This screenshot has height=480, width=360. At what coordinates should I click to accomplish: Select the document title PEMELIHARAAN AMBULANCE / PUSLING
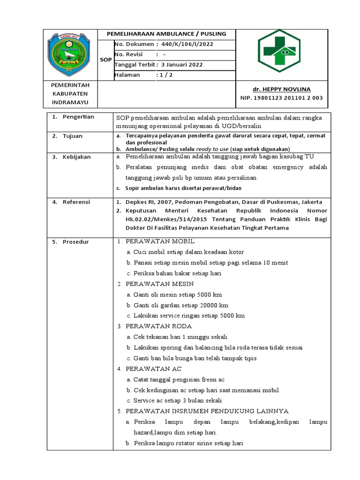point(166,34)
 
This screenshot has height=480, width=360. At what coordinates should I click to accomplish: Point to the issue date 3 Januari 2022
point(182,65)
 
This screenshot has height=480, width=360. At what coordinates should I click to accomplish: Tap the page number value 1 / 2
point(166,75)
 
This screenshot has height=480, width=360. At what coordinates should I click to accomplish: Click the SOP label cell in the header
point(106,60)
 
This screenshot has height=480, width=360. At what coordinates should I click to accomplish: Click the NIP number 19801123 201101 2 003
point(281,98)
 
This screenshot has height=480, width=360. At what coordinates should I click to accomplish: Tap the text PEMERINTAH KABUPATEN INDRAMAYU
point(70,94)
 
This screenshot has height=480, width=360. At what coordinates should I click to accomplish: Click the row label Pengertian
point(78,117)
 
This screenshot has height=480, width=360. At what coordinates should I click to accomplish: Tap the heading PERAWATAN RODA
point(158,326)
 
